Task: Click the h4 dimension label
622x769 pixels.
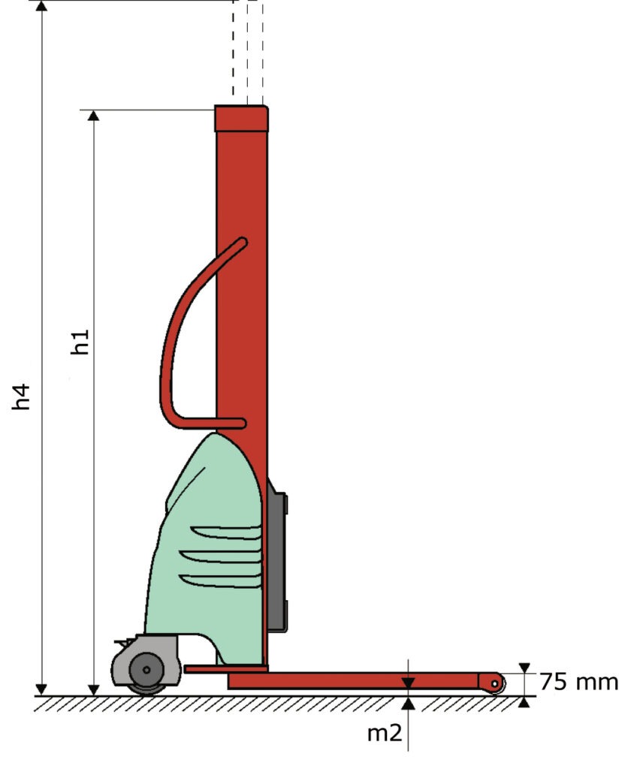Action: pyautogui.click(x=22, y=397)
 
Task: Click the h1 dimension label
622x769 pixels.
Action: pyautogui.click(x=80, y=342)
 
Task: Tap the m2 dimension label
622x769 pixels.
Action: pyautogui.click(x=385, y=733)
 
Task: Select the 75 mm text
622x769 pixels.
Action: pyautogui.click(x=579, y=682)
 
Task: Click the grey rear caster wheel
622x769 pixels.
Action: pyautogui.click(x=146, y=670)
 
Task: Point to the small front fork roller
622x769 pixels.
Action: pyautogui.click(x=496, y=683)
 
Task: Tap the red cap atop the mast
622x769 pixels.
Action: pyautogui.click(x=241, y=118)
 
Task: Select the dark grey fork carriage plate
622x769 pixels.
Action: pyautogui.click(x=277, y=556)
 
